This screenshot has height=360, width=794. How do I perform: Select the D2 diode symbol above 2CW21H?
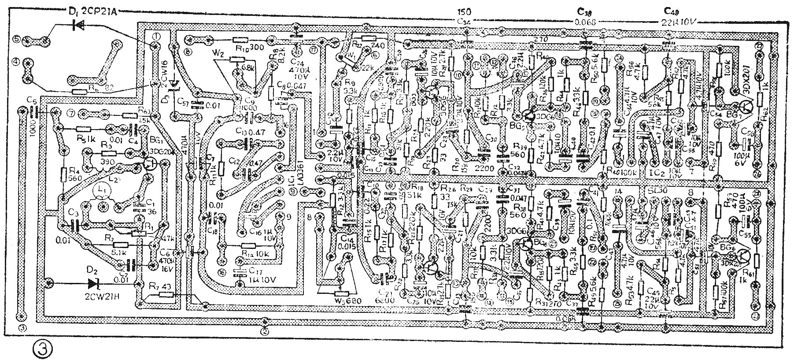93,282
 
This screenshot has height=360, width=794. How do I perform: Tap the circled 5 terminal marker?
17,39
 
